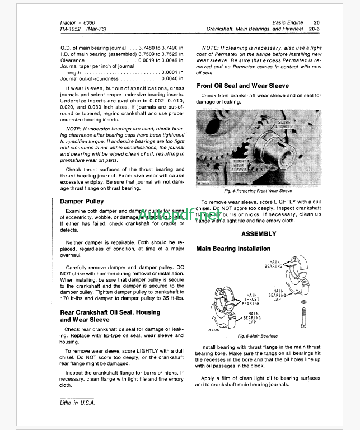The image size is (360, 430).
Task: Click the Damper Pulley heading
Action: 81,200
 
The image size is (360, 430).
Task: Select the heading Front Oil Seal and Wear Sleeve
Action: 242,86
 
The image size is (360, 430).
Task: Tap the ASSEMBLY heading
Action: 258,233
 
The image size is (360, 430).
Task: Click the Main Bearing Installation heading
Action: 233,249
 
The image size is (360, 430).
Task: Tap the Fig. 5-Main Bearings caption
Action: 258,336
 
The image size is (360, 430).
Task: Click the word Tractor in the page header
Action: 69,22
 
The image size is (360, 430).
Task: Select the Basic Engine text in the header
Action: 287,22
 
